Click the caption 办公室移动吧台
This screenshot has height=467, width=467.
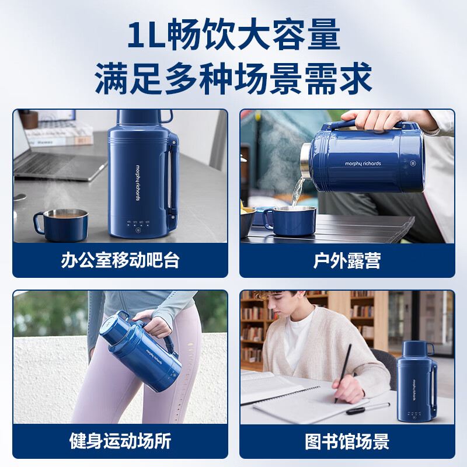(x=120, y=260)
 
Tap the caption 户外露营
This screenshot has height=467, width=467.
(x=347, y=260)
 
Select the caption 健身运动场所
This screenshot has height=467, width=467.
(x=120, y=441)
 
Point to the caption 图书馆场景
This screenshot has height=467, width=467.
(x=347, y=441)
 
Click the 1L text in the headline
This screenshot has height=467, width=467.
(x=146, y=36)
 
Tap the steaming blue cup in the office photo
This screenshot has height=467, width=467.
(x=62, y=224)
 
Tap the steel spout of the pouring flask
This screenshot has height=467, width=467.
(x=305, y=165)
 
